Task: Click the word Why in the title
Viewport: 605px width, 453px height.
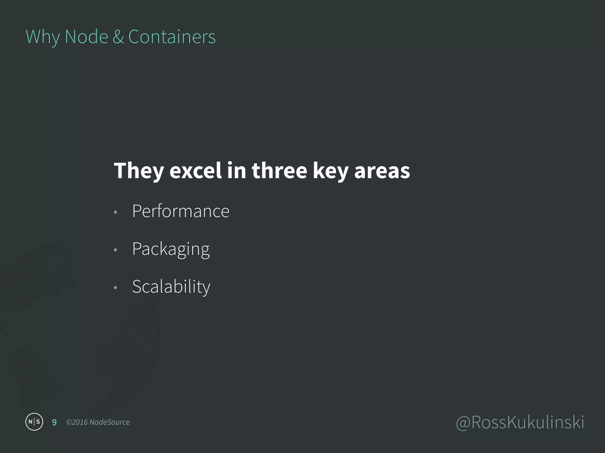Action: pos(43,37)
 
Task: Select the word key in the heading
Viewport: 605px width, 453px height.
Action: pos(331,171)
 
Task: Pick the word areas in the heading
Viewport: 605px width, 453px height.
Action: pos(382,171)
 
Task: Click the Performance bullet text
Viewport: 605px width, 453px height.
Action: pos(181,211)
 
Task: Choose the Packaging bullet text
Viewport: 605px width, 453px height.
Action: pos(171,249)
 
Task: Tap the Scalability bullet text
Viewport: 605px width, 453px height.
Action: pos(171,287)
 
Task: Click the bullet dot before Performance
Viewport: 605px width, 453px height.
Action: pos(116,212)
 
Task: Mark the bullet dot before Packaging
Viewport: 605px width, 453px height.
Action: pos(116,250)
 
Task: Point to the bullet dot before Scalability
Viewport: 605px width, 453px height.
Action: pos(116,288)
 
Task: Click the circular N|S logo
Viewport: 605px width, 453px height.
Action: pos(34,422)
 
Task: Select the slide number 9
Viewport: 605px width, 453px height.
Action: pos(54,422)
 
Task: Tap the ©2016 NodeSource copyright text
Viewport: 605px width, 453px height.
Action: pos(98,422)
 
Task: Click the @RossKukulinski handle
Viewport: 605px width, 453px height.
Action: pos(520,422)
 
